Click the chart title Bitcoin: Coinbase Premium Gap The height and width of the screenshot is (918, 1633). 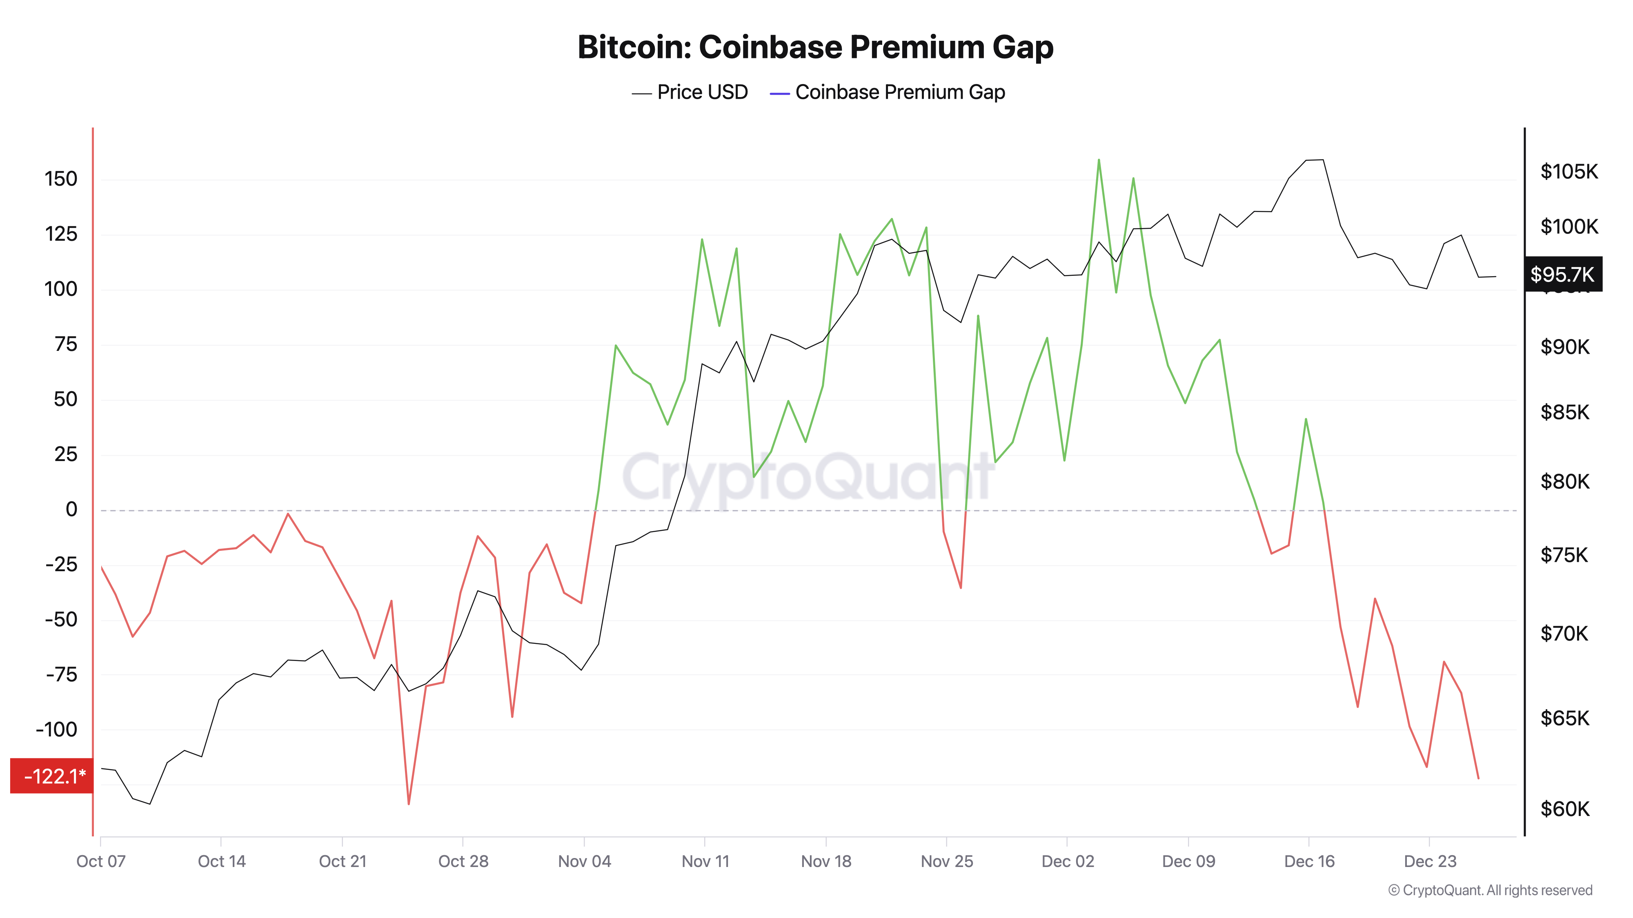click(815, 47)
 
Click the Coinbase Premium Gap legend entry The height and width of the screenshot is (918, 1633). click(888, 93)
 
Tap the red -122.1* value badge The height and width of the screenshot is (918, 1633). click(52, 776)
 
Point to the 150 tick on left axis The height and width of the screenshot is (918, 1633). click(61, 179)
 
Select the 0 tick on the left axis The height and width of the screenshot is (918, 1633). click(71, 509)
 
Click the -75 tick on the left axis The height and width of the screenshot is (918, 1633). click(62, 675)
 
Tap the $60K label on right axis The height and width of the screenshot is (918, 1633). click(1564, 809)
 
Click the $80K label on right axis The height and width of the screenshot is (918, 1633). click(1564, 481)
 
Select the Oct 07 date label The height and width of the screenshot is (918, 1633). click(101, 861)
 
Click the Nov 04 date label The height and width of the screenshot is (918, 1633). click(584, 861)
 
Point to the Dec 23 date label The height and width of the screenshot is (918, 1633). click(1430, 861)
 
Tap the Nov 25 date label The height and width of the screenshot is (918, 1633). click(946, 861)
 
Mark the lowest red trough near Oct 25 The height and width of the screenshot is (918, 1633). click(409, 804)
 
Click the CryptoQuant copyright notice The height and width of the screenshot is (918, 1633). click(1490, 890)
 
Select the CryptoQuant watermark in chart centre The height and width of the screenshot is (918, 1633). click(808, 477)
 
